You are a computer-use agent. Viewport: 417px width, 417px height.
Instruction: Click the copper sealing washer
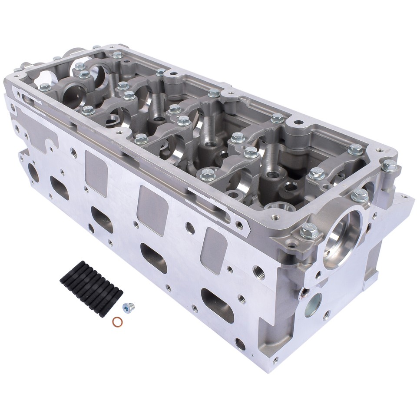click(117, 321)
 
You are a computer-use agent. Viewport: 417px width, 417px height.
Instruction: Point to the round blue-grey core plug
click(313, 304)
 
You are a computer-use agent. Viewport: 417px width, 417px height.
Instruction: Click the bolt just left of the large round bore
click(309, 230)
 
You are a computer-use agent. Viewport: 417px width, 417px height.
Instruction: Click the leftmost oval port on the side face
click(60, 188)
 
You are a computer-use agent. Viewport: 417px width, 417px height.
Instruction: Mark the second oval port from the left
click(102, 219)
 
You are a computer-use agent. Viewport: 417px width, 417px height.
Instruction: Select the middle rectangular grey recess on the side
click(152, 204)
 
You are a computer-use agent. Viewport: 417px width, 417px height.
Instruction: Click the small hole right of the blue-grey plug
click(326, 316)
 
